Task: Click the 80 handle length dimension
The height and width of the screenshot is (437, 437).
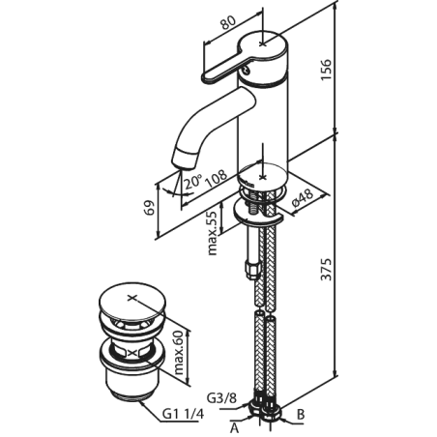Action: click(x=228, y=23)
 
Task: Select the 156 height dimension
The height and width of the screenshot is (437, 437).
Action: click(x=326, y=70)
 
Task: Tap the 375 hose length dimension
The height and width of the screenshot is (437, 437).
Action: click(x=326, y=269)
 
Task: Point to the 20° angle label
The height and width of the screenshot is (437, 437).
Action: click(x=192, y=182)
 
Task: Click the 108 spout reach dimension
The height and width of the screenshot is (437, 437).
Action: click(x=217, y=178)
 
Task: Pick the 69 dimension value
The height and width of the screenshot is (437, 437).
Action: click(x=149, y=208)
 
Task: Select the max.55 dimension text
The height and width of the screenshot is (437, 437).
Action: click(x=212, y=233)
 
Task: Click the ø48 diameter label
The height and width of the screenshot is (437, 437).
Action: click(x=303, y=198)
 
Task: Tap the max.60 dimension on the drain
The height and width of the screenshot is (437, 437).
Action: click(x=179, y=352)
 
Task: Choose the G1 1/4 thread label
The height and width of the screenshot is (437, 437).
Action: click(x=183, y=414)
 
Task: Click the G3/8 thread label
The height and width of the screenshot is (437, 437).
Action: click(x=221, y=398)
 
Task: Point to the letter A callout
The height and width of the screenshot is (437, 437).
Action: click(x=235, y=428)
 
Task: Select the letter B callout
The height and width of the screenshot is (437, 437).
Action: click(x=301, y=414)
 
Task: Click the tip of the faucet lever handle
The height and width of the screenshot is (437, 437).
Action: click(x=205, y=77)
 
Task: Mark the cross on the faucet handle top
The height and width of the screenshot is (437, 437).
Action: click(x=263, y=44)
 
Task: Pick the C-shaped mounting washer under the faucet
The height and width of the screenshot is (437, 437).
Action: click(x=257, y=213)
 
